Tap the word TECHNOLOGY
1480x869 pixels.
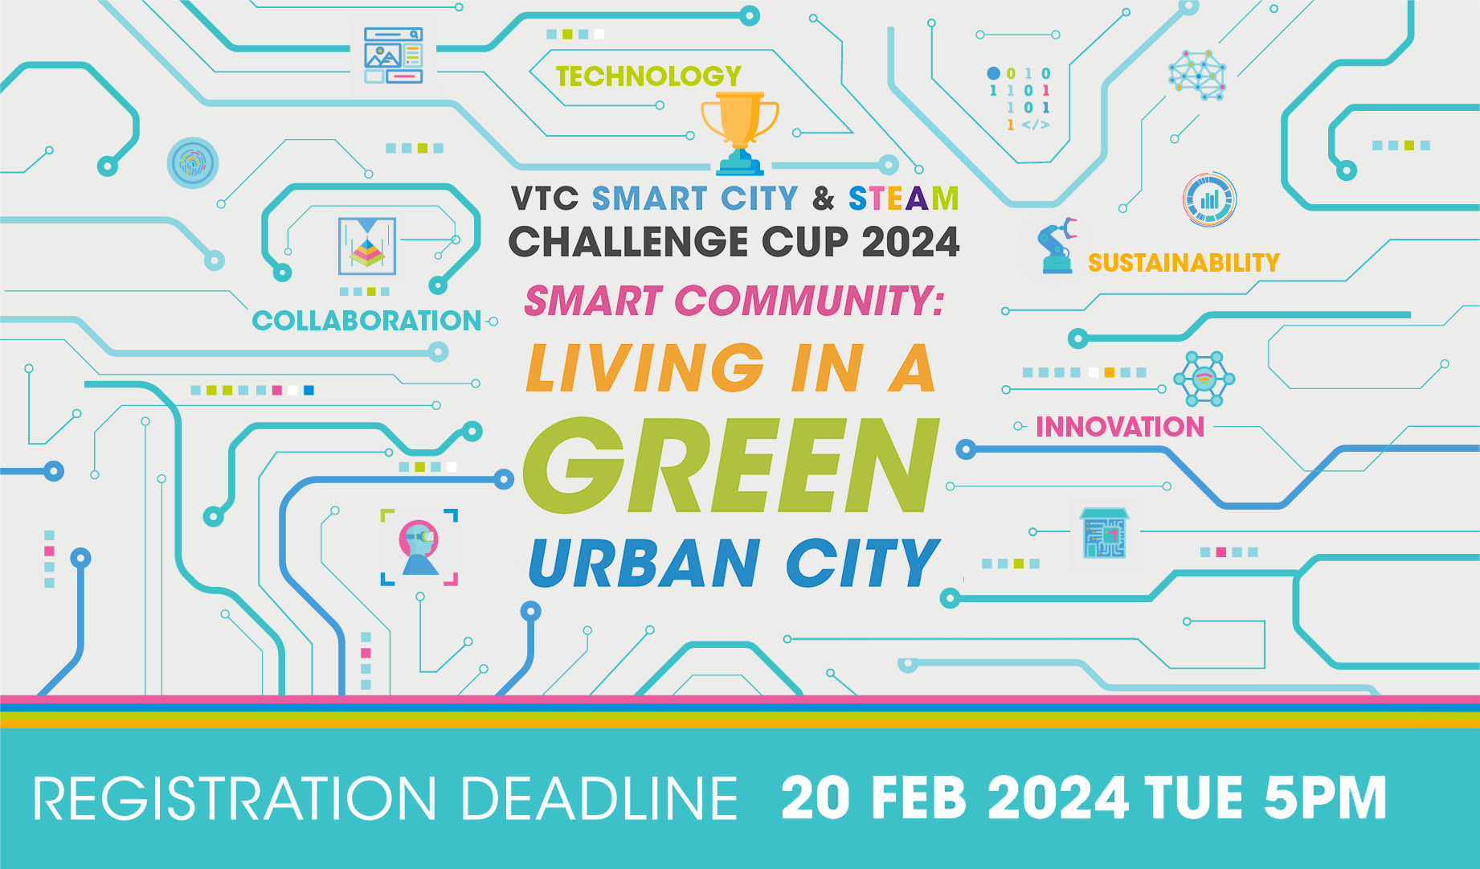(x=648, y=76)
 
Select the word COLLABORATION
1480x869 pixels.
(x=367, y=321)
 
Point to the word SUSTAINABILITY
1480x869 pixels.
(x=1184, y=263)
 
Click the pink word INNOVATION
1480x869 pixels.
(x=1120, y=427)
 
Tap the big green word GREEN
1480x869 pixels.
(x=730, y=465)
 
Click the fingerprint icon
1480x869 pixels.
(x=193, y=163)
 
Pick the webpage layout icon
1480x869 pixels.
(x=393, y=55)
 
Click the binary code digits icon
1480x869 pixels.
(x=1020, y=99)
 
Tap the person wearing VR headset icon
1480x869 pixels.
(x=419, y=547)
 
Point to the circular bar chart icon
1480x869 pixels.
(x=1209, y=199)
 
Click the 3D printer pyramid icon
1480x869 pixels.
(x=367, y=246)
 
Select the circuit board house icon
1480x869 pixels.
(x=1105, y=534)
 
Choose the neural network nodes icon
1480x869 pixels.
(x=1197, y=75)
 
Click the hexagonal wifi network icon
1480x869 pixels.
(x=1204, y=379)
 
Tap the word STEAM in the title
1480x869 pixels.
(x=904, y=199)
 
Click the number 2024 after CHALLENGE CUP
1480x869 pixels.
(x=910, y=242)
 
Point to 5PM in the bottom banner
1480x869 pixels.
(x=1326, y=798)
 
